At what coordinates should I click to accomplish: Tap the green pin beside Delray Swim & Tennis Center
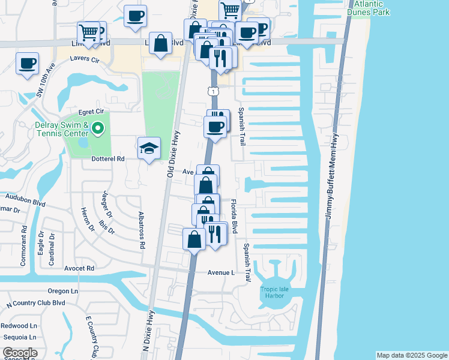[x=100, y=128]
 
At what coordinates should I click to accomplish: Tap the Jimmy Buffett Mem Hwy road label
[x=333, y=176]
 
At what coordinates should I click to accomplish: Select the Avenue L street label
[x=221, y=272]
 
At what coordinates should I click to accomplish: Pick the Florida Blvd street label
[x=235, y=217]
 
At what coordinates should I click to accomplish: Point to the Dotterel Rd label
[x=108, y=159]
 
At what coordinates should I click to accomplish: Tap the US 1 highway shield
[x=212, y=91]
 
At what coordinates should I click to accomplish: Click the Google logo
[x=20, y=353]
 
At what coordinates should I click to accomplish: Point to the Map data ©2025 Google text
[x=411, y=355]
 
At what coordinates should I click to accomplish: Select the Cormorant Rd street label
[x=25, y=238]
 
